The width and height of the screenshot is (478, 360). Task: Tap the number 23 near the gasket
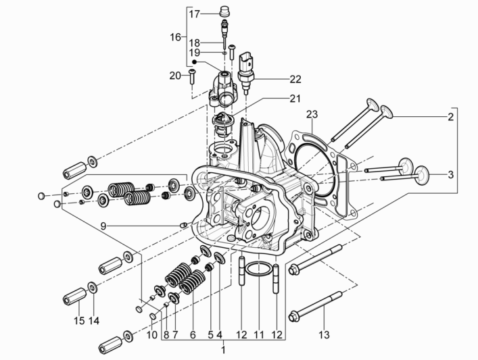point(311,113)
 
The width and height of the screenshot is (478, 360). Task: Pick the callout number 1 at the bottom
point(224,350)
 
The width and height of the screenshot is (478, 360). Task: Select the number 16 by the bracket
point(175,38)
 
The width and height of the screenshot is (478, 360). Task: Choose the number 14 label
point(94,321)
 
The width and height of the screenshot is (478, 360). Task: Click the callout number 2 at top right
point(450,117)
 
